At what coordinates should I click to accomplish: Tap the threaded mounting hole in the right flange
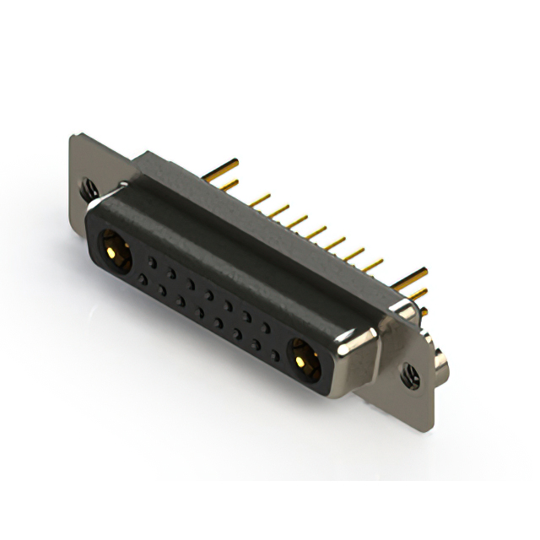(x=411, y=374)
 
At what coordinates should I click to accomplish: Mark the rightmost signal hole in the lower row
(x=275, y=356)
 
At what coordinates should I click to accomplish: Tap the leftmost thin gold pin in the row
(x=259, y=200)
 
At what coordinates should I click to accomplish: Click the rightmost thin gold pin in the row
(x=372, y=264)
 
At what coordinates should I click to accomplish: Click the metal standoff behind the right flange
(x=440, y=364)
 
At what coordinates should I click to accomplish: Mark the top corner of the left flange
(x=76, y=137)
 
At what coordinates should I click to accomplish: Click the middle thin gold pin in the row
(x=316, y=231)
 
